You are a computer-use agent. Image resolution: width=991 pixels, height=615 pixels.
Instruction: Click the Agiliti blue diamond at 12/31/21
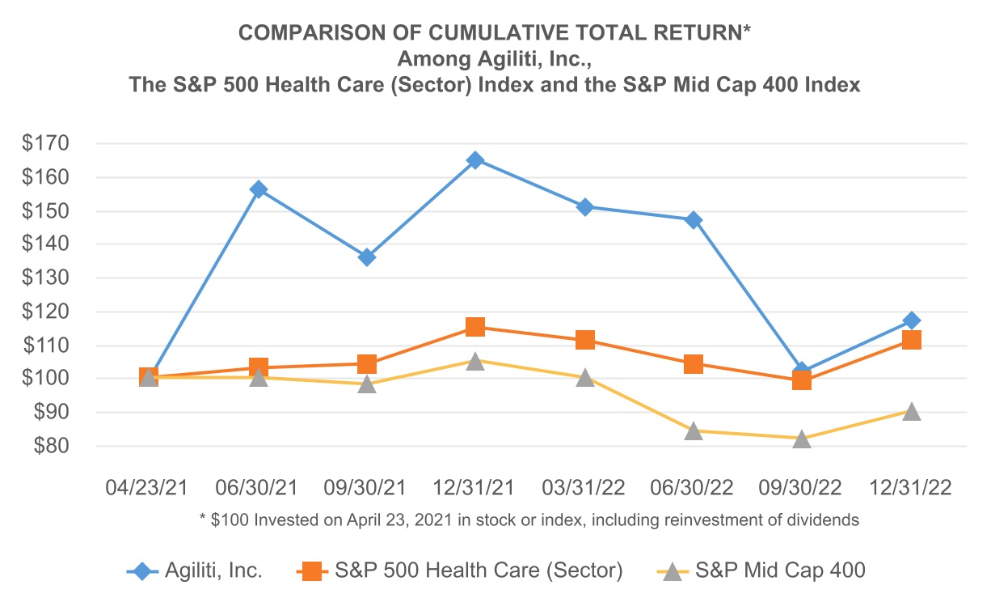point(475,160)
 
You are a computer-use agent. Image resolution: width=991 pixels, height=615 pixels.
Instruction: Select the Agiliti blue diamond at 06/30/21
point(259,189)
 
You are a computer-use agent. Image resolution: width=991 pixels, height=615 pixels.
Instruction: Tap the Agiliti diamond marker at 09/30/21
point(367,257)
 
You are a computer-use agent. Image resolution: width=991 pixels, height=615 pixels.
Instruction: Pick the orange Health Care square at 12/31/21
point(475,327)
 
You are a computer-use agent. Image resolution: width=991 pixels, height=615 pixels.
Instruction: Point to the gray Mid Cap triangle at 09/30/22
point(802,439)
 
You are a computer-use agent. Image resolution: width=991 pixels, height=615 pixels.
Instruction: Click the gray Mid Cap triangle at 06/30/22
point(694,430)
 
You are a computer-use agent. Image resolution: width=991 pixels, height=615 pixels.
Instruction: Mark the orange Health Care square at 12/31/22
point(911,340)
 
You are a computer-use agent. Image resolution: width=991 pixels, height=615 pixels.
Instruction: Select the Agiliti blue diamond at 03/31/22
point(585,207)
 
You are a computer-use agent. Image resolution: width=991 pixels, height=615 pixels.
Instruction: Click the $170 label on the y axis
point(47,144)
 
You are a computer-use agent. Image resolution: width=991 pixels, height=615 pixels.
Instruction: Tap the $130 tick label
point(47,278)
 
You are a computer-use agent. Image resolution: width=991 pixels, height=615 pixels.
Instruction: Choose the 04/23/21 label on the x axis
point(148,489)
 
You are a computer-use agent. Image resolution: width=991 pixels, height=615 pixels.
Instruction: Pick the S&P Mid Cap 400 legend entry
point(780,570)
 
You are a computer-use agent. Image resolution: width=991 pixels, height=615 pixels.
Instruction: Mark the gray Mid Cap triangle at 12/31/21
point(475,361)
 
